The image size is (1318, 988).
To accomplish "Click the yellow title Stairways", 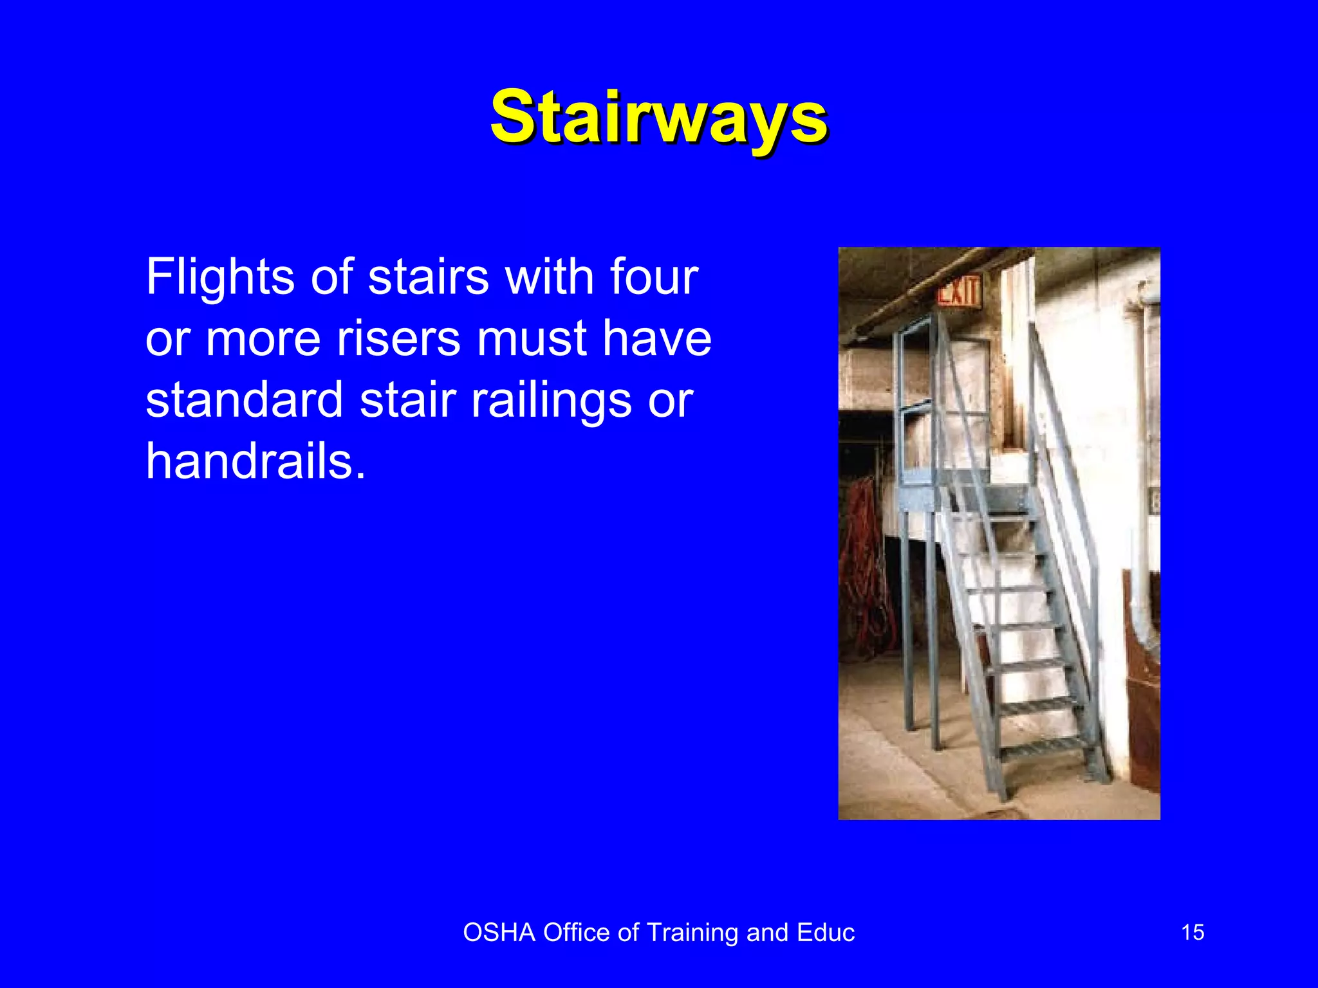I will pos(659,118).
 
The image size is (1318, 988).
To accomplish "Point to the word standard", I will pos(244,400).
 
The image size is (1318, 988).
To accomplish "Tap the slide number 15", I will pos(1193,933).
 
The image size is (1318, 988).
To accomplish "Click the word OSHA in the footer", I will pos(499,933).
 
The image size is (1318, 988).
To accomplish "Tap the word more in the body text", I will pos(263,340).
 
